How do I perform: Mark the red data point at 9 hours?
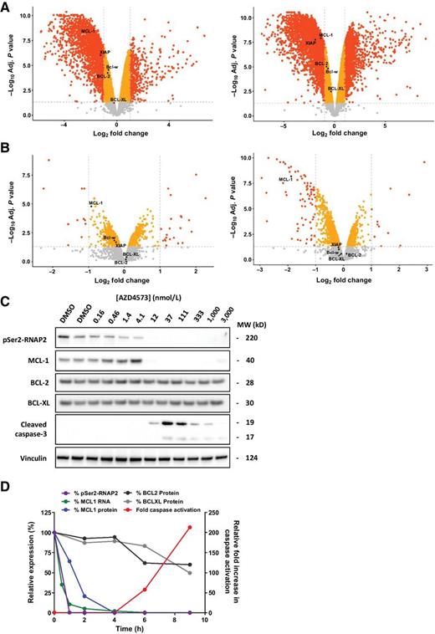tap(191, 550)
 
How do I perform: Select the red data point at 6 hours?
tap(145, 590)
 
